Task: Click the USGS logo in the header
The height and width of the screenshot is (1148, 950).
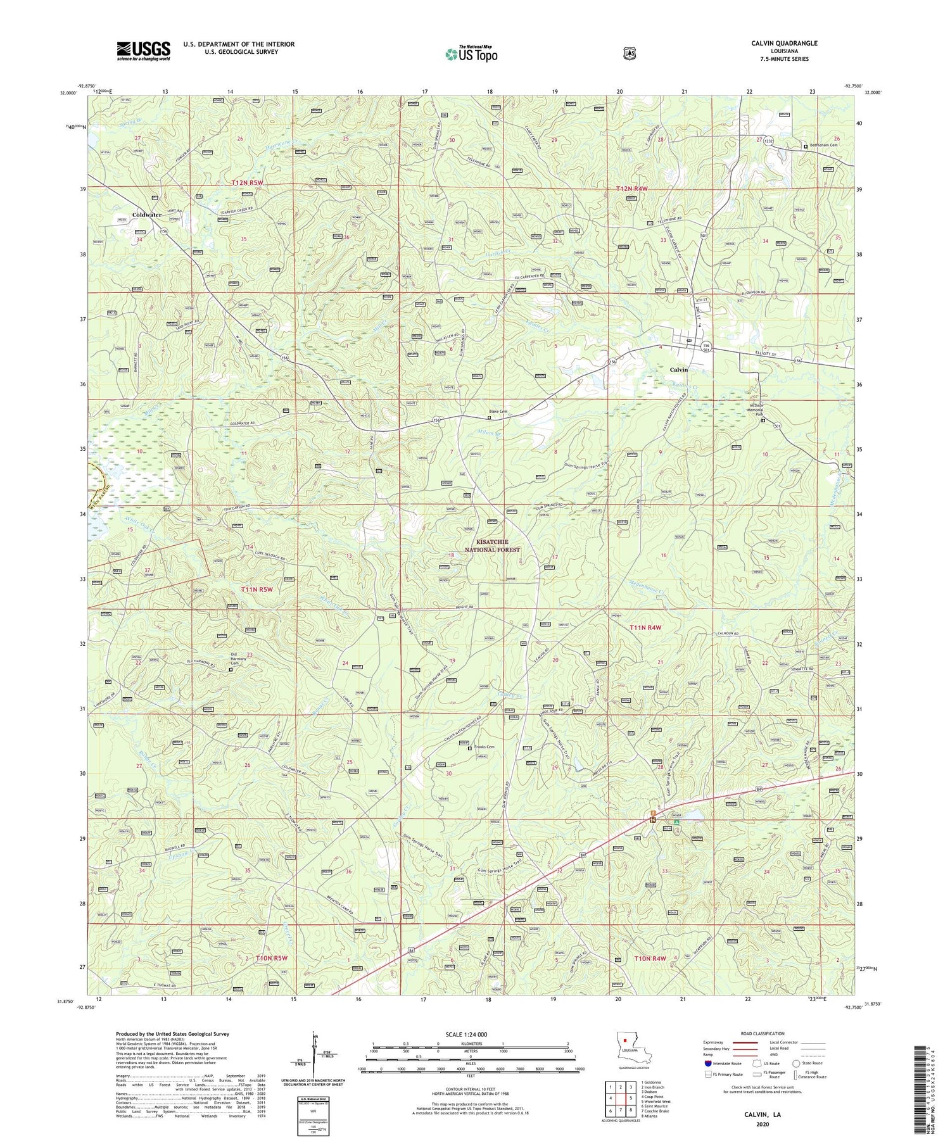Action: tap(144, 50)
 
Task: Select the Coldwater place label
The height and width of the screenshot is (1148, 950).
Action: tap(147, 215)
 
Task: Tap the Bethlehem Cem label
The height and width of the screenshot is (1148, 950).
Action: tap(826, 146)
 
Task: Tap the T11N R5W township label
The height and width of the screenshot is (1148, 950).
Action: tap(257, 589)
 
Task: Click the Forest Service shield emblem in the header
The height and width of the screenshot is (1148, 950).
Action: tap(630, 53)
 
